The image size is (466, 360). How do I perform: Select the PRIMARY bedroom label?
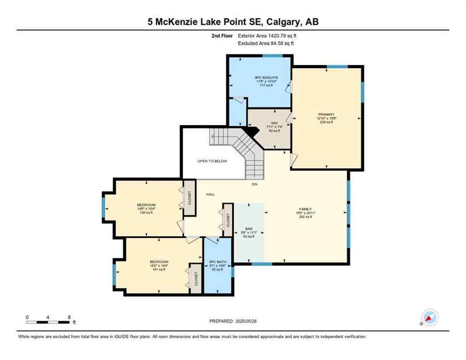326,114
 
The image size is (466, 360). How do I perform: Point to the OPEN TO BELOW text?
212,161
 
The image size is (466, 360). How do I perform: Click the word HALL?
210,194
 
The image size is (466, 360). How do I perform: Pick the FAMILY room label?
306,209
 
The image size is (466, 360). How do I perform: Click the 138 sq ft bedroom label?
146,205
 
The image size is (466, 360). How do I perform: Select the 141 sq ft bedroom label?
158,262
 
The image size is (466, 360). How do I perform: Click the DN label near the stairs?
255,184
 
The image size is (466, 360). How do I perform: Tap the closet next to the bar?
228,219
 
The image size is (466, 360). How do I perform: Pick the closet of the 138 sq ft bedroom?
189,198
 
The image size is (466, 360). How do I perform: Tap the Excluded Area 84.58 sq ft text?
266,44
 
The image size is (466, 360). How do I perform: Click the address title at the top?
233,22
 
